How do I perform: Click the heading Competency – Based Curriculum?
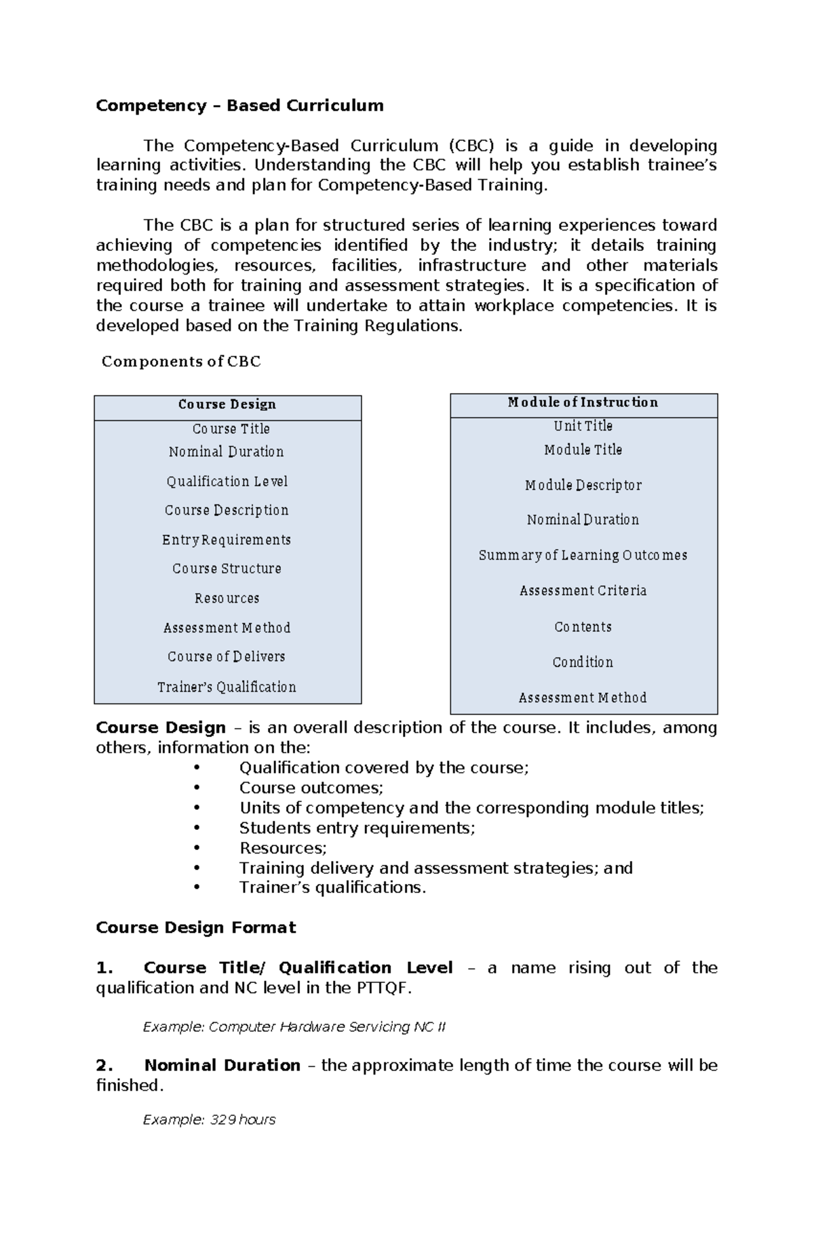coord(239,106)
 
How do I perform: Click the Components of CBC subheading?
coord(181,361)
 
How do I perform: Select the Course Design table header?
coord(227,405)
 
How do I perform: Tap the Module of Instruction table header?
coord(583,403)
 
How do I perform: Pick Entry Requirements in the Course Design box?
coord(227,540)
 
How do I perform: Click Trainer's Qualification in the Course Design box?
coord(227,687)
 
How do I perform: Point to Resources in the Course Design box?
coord(227,599)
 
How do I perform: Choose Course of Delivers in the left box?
coord(227,657)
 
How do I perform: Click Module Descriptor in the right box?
coord(583,485)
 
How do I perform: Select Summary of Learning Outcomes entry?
coord(583,555)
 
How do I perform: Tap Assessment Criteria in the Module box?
coord(583,591)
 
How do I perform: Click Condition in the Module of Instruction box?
coord(583,662)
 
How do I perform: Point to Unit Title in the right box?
coord(583,426)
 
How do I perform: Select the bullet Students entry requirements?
coord(357,828)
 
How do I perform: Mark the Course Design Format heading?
coord(196,927)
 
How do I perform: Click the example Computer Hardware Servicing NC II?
coord(294,1027)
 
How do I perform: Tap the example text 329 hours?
coord(209,1120)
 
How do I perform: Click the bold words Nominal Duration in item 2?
coord(222,1066)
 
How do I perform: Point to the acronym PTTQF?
coord(384,988)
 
